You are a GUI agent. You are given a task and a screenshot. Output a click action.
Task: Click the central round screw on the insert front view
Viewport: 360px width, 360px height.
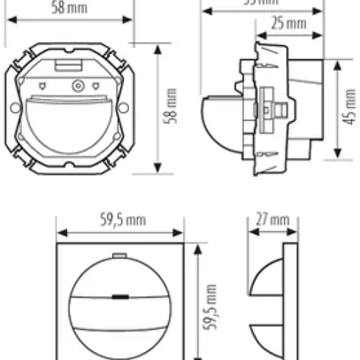[x=77, y=86]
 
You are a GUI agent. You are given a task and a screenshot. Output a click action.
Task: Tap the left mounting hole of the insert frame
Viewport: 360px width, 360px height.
[x=13, y=108]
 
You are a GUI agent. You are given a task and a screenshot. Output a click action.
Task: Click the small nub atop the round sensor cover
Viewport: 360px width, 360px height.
[x=119, y=255]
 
